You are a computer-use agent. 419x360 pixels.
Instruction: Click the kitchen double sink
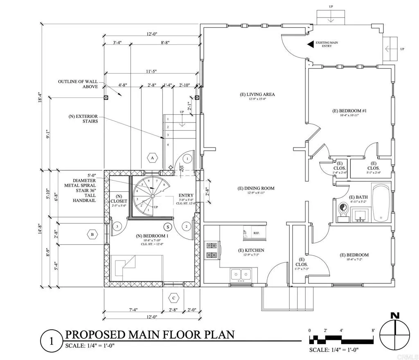click(x=241, y=274)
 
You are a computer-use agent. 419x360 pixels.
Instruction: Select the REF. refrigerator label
click(x=257, y=233)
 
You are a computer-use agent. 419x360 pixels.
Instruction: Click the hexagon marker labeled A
click(x=153, y=158)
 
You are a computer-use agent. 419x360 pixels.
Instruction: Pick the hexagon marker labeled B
click(x=92, y=235)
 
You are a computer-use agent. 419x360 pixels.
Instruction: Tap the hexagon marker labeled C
click(x=174, y=298)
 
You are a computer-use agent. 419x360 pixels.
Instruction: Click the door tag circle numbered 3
click(x=117, y=226)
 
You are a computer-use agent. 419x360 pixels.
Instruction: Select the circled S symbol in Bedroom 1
click(x=167, y=226)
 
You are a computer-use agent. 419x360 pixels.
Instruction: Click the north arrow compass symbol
click(x=395, y=334)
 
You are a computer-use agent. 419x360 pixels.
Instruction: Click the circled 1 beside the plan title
click(x=51, y=341)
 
